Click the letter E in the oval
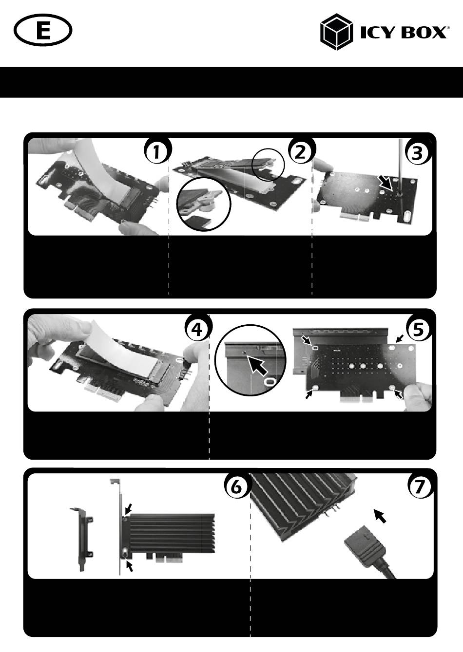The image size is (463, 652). [x=43, y=30]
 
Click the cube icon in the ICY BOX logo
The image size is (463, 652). [x=336, y=32]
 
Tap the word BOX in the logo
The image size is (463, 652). [x=424, y=32]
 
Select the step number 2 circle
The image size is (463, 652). [x=301, y=151]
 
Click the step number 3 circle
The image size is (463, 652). [x=418, y=152]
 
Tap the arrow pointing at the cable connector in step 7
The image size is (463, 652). [x=380, y=516]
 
